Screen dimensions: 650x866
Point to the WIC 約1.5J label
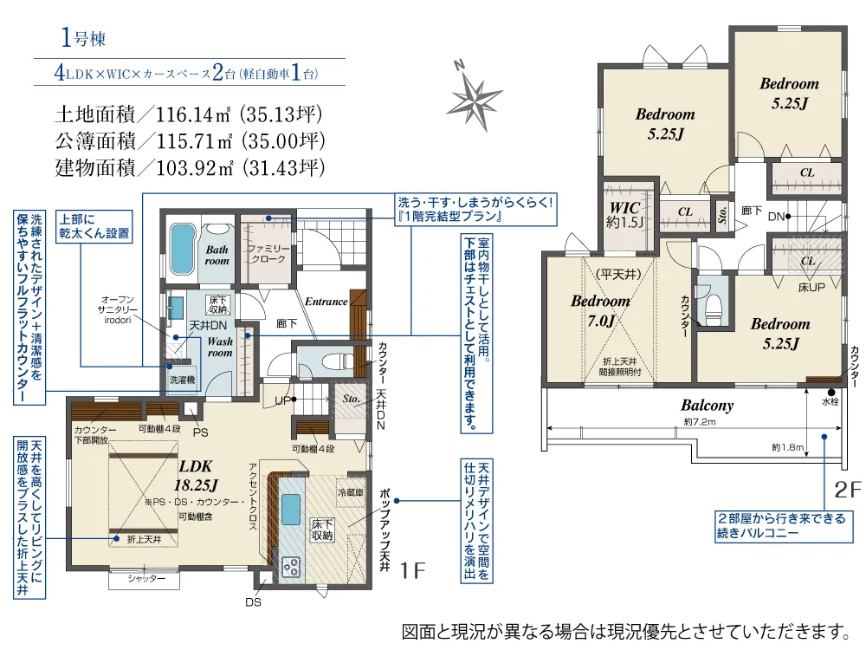pos(624,215)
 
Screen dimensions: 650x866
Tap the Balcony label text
pos(707,405)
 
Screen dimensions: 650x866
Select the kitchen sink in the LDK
pos(290,505)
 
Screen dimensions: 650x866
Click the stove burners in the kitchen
pos(290,567)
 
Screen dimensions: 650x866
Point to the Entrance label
pos(326,302)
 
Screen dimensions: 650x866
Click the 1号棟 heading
pos(83,37)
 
